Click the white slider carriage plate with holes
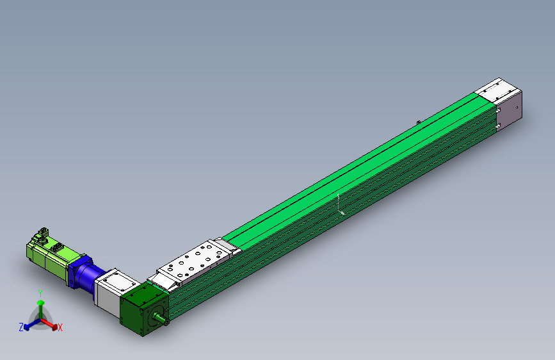point(192,263)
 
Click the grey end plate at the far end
point(510,113)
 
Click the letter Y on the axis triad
point(40,292)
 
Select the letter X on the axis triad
point(60,328)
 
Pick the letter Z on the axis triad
point(21,327)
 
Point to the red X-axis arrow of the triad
point(51,323)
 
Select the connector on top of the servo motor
point(43,233)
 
